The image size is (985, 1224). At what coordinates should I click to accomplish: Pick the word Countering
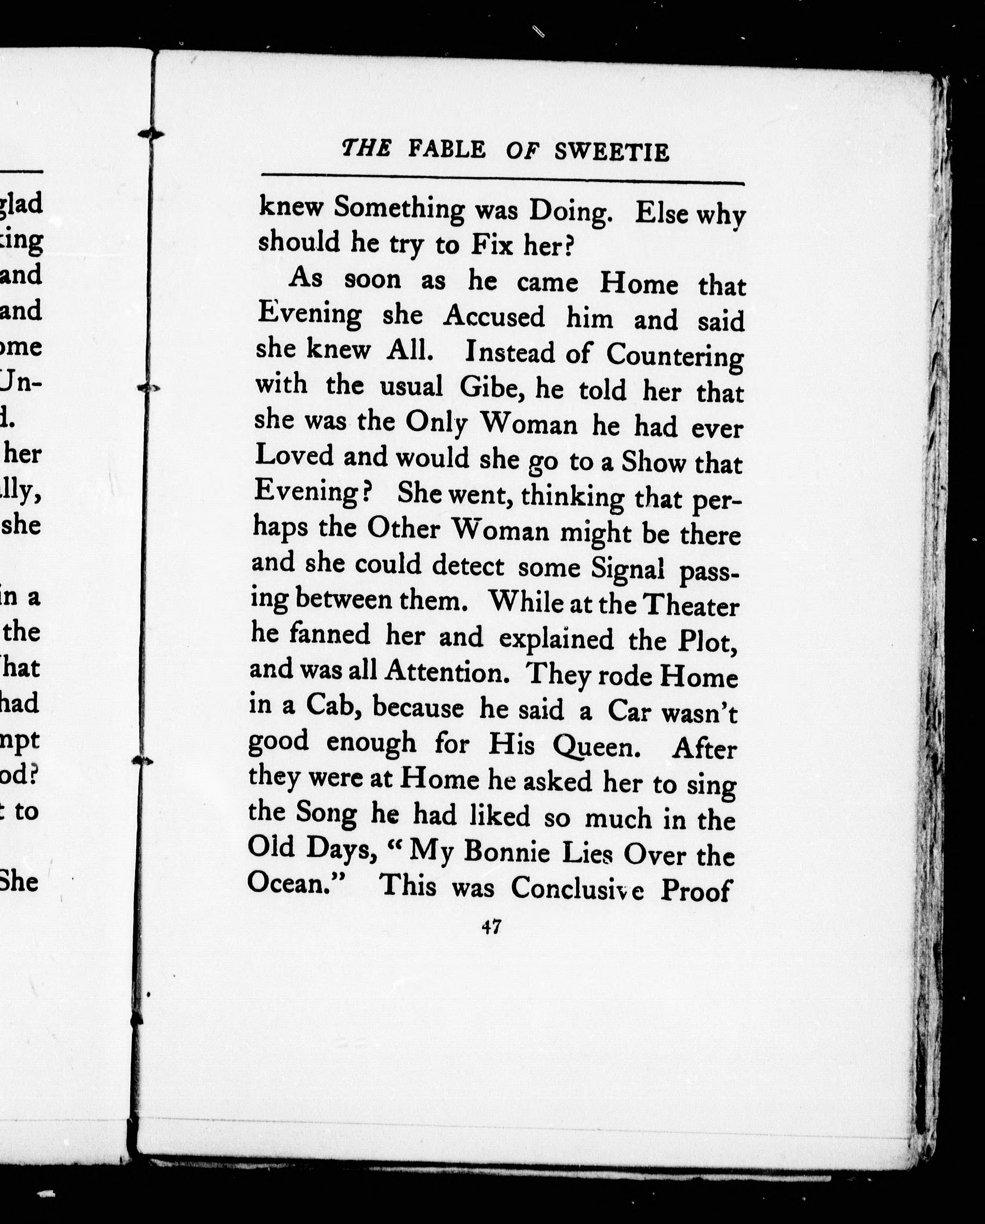[674, 356]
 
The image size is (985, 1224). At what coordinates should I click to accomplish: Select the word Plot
[707, 642]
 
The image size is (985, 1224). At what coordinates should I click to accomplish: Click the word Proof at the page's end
[694, 890]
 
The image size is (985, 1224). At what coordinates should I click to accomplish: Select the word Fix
[492, 245]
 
